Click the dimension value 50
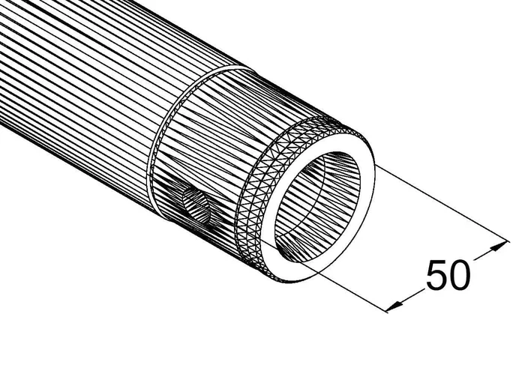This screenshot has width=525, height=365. tap(448, 275)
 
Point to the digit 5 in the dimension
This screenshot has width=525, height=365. tap(436, 275)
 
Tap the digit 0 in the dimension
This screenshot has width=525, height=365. tap(460, 275)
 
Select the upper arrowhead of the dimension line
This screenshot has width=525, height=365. tap(498, 247)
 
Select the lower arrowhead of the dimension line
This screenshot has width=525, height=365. tap(396, 304)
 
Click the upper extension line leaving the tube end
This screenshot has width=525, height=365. tap(441, 203)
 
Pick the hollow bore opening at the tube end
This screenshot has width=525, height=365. tap(317, 206)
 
